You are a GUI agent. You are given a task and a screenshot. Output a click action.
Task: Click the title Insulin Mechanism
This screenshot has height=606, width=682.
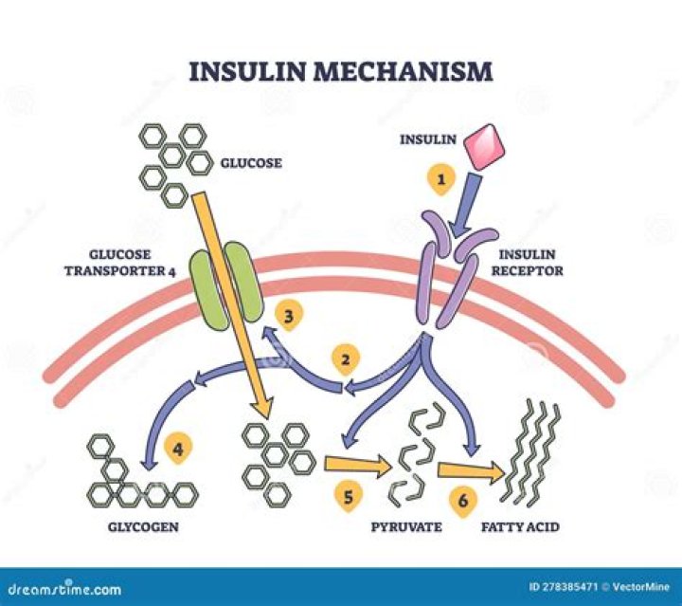341,72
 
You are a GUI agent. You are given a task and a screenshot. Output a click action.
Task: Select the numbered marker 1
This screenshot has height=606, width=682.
438,177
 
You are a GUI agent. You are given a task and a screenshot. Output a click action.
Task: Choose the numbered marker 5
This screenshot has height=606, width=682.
347,494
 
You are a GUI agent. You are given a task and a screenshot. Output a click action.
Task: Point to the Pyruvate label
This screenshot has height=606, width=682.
408,526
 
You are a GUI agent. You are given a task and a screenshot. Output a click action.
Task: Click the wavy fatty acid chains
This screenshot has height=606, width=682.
529,452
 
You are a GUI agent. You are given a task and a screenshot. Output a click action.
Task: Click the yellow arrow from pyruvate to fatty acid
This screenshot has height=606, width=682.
470,468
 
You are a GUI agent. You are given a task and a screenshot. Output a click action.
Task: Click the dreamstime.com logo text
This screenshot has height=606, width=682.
62,589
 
